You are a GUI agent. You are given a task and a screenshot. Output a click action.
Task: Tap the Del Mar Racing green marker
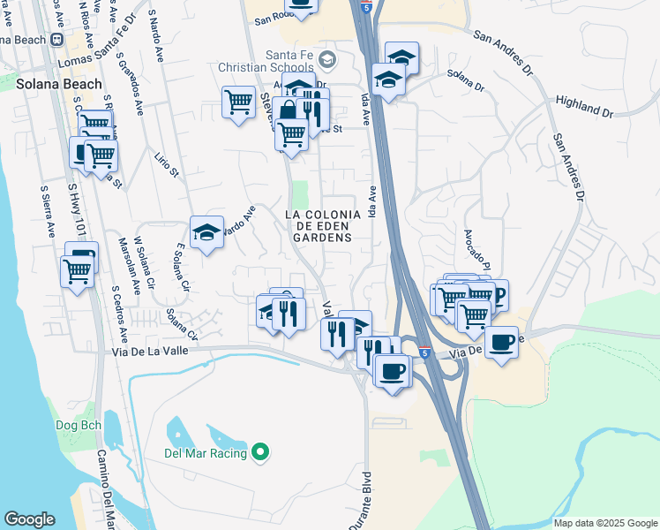coord(259,453)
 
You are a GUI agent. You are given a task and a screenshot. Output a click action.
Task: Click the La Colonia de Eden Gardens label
coord(323,226)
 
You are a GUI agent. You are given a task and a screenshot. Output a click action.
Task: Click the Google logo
coord(29,519)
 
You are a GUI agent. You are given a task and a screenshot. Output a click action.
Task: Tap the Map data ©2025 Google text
coord(604,523)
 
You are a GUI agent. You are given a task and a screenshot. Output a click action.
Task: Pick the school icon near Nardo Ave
coord(207,232)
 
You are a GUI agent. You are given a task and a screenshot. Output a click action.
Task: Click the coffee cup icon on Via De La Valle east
coord(501,342)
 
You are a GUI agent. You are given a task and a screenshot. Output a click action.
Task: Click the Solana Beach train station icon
coord(57,40)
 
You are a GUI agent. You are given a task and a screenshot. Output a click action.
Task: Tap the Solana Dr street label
coord(467,79)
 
